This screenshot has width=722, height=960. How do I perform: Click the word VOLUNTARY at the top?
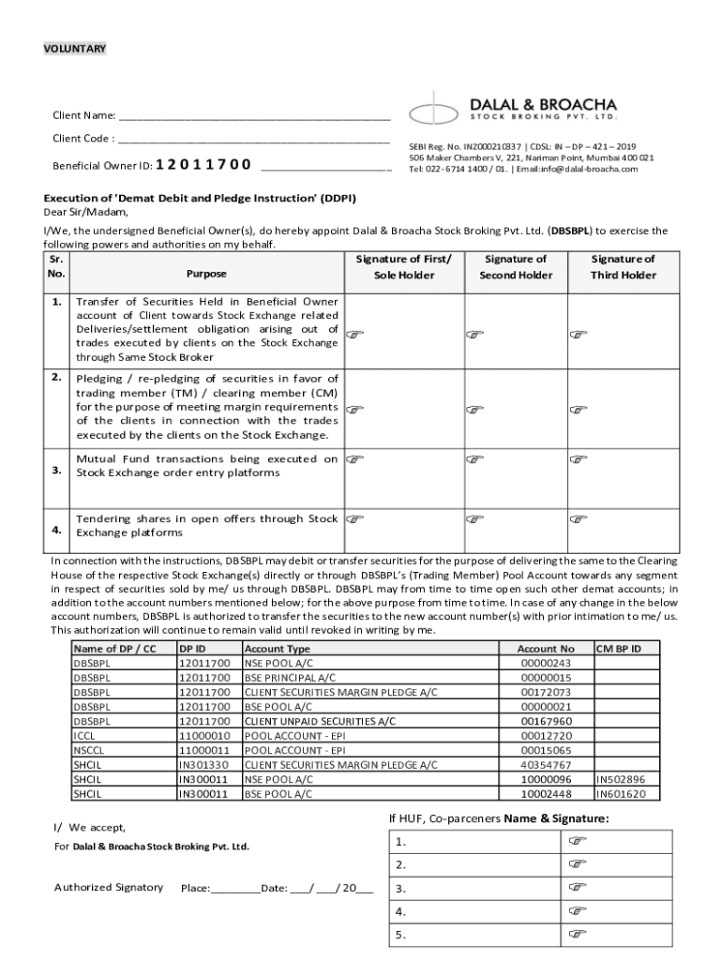click(x=75, y=49)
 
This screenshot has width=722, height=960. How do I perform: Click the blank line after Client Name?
click(x=253, y=116)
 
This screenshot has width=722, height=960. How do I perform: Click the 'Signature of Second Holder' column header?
click(x=515, y=267)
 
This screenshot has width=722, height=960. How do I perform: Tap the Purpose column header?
click(x=206, y=275)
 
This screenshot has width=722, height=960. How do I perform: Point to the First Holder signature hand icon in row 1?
click(x=354, y=333)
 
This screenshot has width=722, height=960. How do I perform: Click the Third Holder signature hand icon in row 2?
click(x=579, y=409)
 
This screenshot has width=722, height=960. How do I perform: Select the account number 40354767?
click(x=546, y=765)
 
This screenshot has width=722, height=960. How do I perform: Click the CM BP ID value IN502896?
click(x=621, y=779)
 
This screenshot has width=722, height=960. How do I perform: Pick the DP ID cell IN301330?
click(x=203, y=765)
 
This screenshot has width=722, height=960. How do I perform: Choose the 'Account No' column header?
click(x=546, y=649)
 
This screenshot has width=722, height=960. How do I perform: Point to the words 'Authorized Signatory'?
click(x=109, y=887)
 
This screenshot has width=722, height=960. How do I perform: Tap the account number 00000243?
click(x=546, y=664)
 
